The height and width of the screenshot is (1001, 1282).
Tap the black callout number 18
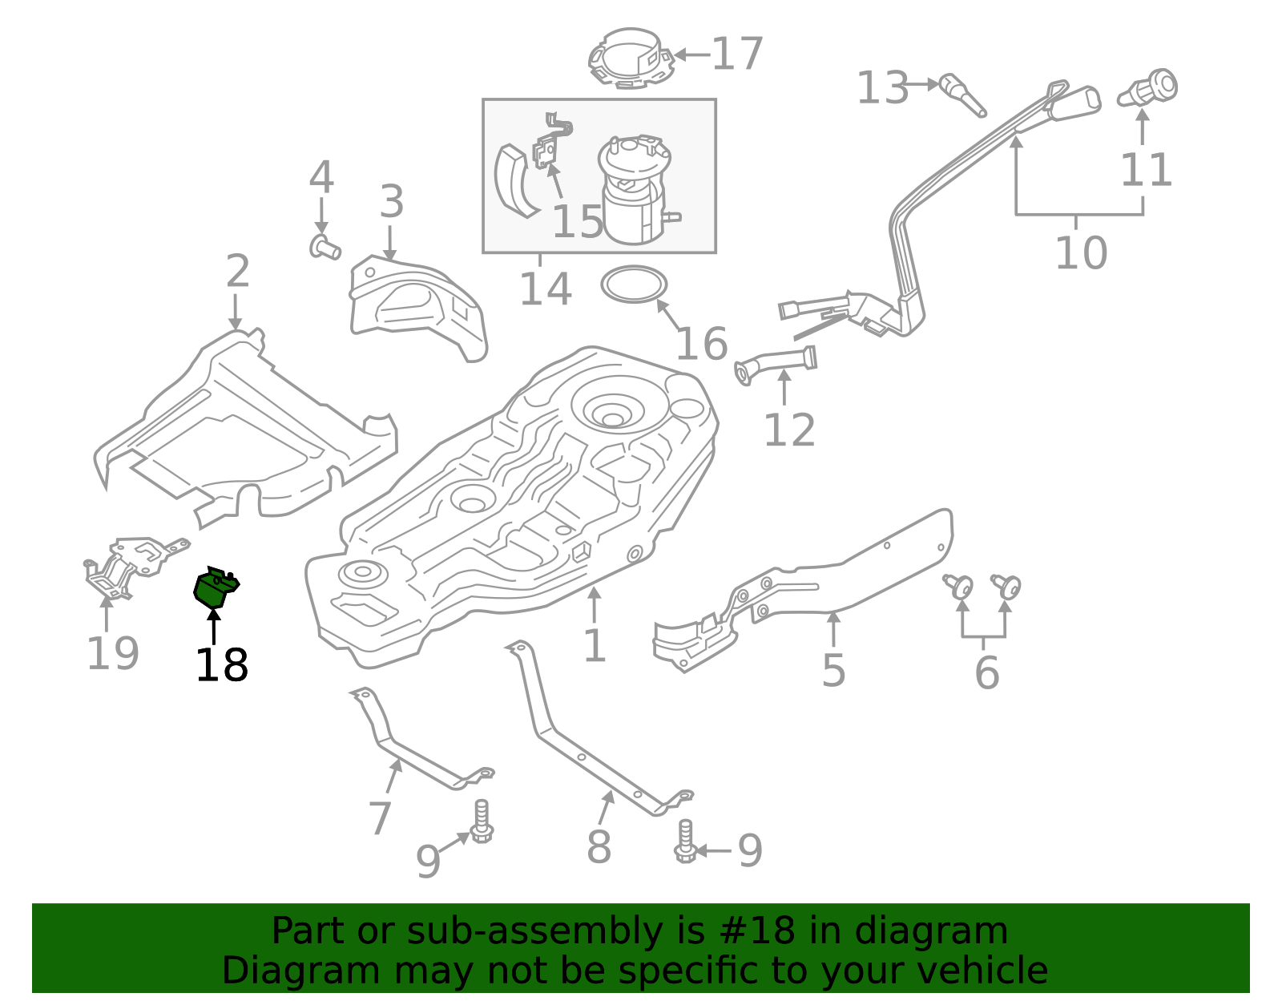pos(221,665)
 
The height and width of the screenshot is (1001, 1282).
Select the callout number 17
pos(737,54)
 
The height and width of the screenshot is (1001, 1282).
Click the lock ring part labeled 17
pos(631,57)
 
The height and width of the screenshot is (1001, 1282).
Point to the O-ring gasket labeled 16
pos(634,285)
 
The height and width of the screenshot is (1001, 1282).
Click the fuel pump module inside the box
pos(635,191)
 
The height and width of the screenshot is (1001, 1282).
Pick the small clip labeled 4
pos(324,247)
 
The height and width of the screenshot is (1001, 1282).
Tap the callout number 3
pos(391,202)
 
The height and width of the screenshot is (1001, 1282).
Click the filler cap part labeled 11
pos(1151,89)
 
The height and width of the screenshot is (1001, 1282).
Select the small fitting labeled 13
pos(961,93)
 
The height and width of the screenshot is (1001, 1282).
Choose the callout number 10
pos(1081,252)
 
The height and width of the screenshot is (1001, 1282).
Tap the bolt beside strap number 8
pos(685,842)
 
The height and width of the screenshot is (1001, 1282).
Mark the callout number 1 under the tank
pos(594,646)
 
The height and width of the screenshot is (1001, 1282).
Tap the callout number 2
pos(237,272)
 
